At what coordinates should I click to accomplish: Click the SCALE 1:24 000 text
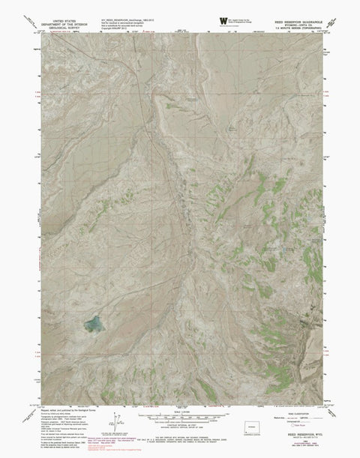click(x=180, y=412)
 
